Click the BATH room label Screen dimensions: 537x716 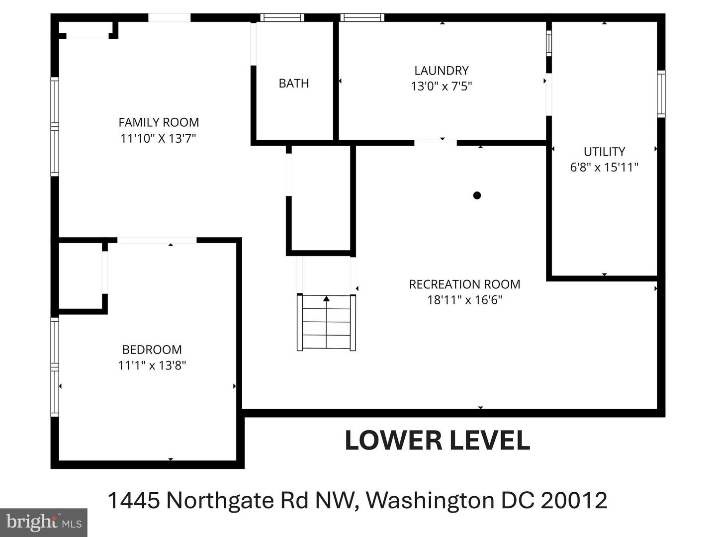pos(293,84)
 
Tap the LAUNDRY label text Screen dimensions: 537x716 pos(442,71)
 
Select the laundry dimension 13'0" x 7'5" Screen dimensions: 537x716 pos(442,87)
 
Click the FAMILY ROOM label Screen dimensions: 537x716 pos(159,122)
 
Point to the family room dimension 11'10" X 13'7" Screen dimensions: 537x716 pos(159,138)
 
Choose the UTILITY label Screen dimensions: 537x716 pos(604,152)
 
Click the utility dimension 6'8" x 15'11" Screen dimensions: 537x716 pos(604,167)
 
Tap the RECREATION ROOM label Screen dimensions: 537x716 pos(464,284)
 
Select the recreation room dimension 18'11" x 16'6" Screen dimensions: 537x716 pos(464,300)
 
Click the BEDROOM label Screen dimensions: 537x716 pos(152,350)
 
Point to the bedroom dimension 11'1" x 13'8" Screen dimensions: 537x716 pos(152,365)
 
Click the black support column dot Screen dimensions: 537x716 pos(477,195)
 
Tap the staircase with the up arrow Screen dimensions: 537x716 pos(327,322)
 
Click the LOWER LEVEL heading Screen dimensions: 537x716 pos(438,441)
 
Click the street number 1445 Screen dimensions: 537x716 pos(134,500)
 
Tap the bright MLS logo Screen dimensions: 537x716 pos(43,522)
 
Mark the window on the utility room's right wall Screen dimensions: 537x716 pos(661,94)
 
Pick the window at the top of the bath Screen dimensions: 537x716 pos(282,18)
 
